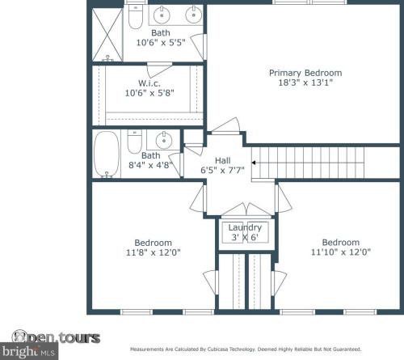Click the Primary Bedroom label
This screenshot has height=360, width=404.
coord(305,73)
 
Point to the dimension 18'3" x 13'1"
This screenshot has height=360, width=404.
coord(305,83)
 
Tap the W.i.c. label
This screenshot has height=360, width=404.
coord(149,83)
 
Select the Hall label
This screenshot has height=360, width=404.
coord(223,160)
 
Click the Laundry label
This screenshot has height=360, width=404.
coord(245,227)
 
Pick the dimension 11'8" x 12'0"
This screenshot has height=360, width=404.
coord(153,252)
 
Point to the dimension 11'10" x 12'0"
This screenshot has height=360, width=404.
coord(340,252)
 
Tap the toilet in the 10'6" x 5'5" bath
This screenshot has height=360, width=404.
coord(135,16)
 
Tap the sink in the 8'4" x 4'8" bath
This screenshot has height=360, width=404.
coord(162,138)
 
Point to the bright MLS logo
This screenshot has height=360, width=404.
coord(34,352)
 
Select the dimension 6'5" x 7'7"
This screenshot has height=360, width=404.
coord(223,170)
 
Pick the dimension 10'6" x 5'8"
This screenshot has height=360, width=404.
coord(149,93)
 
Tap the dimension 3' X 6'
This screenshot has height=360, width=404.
coord(245,237)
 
